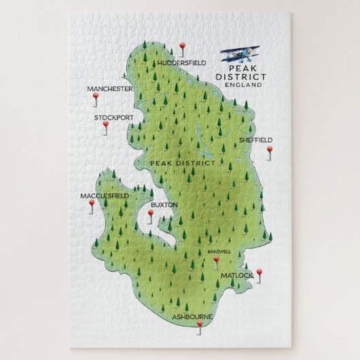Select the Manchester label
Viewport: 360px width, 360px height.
point(109,89)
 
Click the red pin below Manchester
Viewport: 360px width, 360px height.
point(95,98)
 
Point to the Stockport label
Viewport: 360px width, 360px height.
point(114,117)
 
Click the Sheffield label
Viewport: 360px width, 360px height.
point(255,140)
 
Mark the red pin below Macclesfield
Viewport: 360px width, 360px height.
point(92,203)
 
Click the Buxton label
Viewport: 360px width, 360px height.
point(164,204)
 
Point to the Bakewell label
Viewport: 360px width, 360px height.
point(219,251)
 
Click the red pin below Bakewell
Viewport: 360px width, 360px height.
point(217,259)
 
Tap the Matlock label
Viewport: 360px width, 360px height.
point(236,275)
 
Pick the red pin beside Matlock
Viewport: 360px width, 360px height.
point(259,272)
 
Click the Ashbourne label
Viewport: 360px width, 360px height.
point(192,317)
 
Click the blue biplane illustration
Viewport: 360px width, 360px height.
point(237,55)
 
